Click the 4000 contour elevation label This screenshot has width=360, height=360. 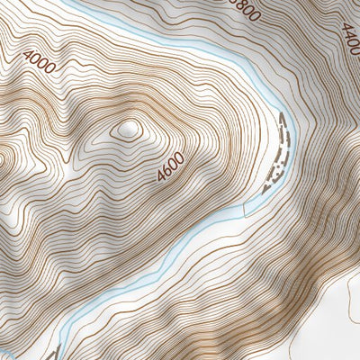40,60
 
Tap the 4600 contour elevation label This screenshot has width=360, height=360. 170,166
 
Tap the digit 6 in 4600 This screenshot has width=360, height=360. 166,170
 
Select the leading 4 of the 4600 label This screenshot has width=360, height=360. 161,177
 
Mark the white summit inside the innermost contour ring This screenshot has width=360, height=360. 127,130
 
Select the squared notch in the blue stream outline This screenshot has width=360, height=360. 244,209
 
